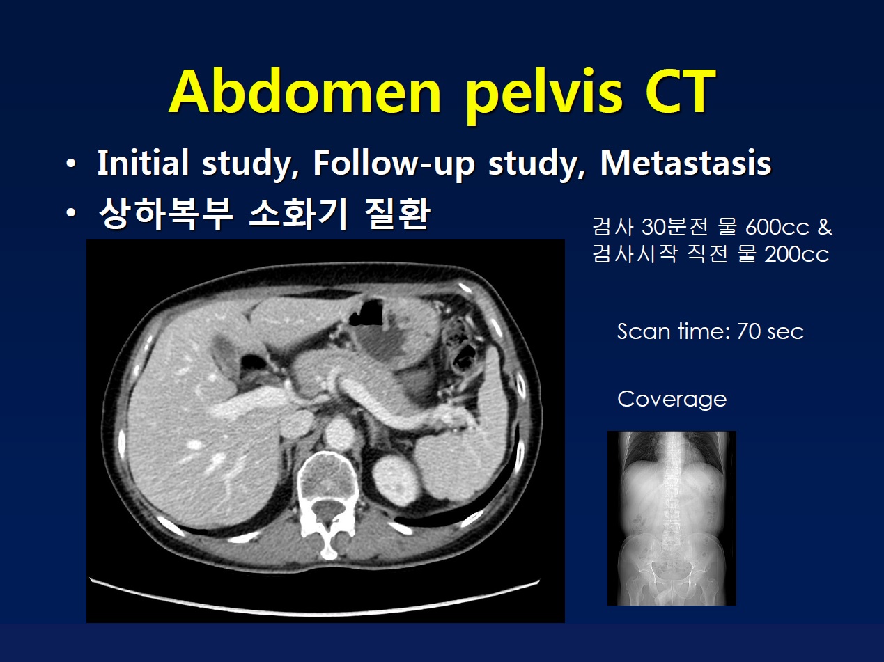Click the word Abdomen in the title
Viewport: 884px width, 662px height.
click(305, 92)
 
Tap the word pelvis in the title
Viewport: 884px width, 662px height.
click(543, 95)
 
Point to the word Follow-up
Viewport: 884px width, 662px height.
click(394, 164)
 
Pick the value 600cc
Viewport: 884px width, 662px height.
click(777, 228)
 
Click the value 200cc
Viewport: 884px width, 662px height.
click(796, 254)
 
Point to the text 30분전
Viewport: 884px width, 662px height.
click(674, 226)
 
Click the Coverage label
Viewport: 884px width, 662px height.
click(672, 399)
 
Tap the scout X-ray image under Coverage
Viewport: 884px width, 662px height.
click(672, 518)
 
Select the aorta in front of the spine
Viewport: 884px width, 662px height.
click(339, 433)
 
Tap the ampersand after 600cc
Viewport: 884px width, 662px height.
click(825, 228)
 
